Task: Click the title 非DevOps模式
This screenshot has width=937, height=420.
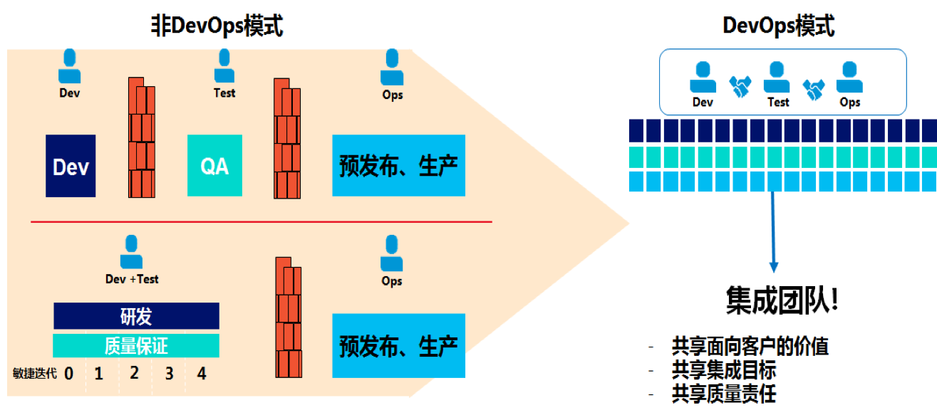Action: point(217,26)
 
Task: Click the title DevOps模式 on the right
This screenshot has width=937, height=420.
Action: point(778,26)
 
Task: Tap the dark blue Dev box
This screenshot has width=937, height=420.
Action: point(71,166)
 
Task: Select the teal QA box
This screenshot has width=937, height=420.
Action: point(214,166)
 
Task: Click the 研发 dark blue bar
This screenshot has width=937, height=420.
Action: point(136,315)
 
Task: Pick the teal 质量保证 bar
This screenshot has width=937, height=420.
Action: point(136,345)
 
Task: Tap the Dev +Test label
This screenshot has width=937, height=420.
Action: point(132,279)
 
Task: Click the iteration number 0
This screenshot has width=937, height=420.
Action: point(69,373)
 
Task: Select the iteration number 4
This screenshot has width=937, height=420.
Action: point(202,373)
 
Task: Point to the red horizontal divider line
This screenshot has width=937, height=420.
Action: point(261,222)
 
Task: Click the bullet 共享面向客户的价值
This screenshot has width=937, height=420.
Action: point(750,347)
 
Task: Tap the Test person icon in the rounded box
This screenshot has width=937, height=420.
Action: point(777,77)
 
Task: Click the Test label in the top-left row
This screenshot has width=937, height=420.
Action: point(224,93)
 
